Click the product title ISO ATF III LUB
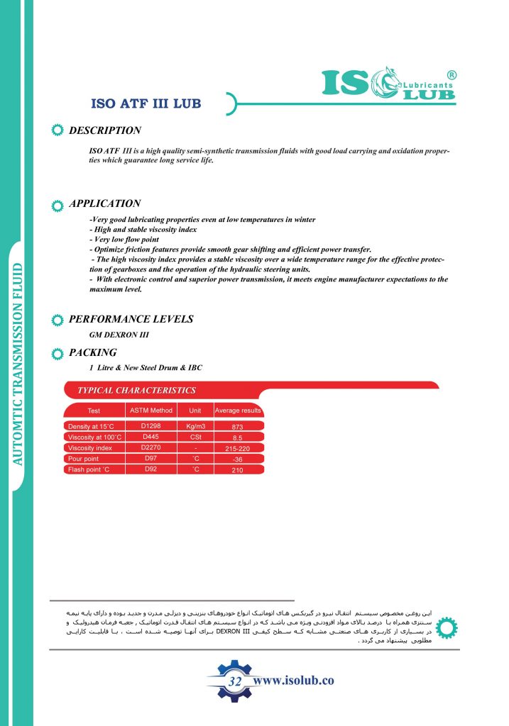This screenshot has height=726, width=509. (x=147, y=104)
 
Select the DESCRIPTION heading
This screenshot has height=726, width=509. (x=105, y=130)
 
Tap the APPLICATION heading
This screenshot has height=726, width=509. (x=105, y=203)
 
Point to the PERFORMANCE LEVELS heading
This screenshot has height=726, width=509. (x=131, y=319)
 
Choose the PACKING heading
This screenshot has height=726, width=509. (x=93, y=352)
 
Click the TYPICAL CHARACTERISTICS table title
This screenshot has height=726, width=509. (x=136, y=390)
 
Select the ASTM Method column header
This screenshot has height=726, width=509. (x=151, y=411)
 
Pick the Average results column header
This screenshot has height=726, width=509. (x=238, y=411)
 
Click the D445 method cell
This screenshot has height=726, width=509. (x=151, y=437)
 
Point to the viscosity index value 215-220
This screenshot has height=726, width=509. (x=238, y=449)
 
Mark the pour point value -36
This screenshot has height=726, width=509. (x=238, y=459)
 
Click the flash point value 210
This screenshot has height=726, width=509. (x=238, y=470)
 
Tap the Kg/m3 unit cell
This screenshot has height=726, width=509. (x=195, y=427)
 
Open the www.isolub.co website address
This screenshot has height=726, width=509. (x=293, y=681)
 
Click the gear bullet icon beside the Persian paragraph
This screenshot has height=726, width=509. (x=446, y=627)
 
